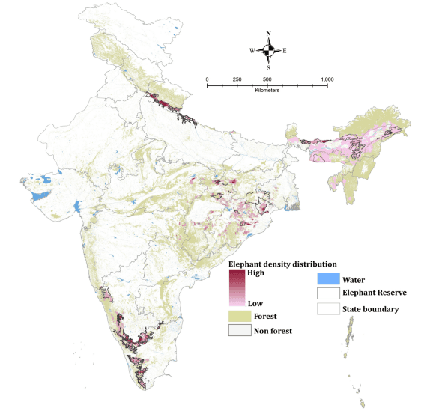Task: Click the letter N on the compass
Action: point(269,34)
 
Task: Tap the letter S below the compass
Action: point(269,67)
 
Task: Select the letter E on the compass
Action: point(285,51)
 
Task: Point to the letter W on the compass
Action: point(252,51)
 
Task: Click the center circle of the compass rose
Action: point(269,51)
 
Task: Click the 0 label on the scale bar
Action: point(207,79)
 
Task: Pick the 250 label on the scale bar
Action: point(237,79)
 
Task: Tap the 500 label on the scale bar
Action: point(267,79)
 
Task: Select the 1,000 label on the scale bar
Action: point(327,79)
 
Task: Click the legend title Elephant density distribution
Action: point(282,264)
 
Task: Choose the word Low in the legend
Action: point(255,304)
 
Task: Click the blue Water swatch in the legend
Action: point(327,278)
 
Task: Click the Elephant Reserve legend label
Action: point(374,293)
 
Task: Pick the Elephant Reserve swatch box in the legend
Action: point(327,293)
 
